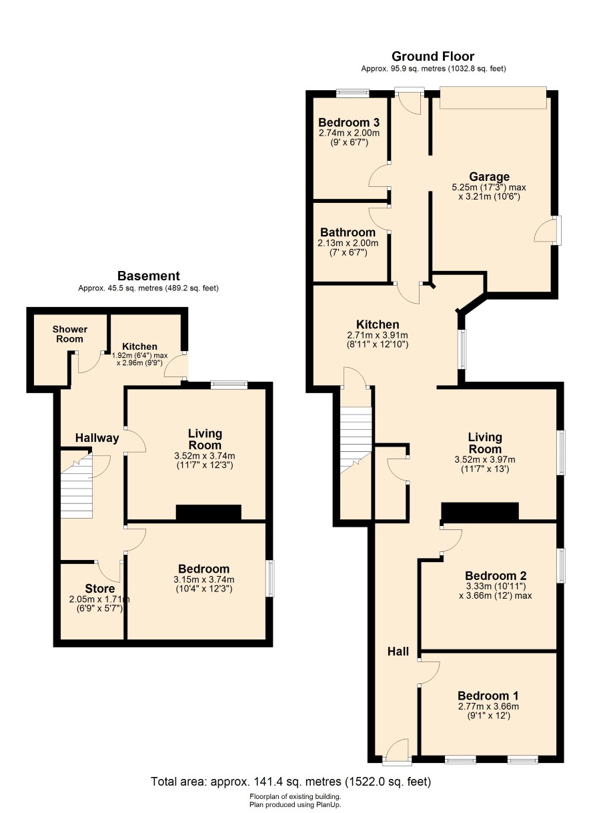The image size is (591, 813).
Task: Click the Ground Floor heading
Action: (433, 56)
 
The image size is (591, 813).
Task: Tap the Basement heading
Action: (148, 276)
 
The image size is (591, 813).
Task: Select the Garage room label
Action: (489, 177)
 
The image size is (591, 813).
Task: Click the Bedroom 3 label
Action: (349, 122)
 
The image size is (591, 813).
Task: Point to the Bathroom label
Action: (348, 232)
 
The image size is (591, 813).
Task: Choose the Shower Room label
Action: (69, 334)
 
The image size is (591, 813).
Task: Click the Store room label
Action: (100, 588)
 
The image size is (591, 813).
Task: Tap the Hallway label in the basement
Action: (97, 438)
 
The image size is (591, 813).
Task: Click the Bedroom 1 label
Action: (488, 696)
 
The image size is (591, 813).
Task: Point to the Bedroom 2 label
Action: (496, 575)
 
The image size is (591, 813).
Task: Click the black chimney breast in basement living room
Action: (209, 513)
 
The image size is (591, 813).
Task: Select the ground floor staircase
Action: (356, 440)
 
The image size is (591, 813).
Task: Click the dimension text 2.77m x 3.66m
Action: (488, 706)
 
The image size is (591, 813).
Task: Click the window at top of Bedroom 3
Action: (353, 93)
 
